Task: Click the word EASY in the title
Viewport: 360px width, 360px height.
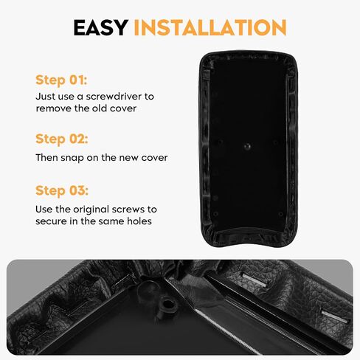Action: coord(101,27)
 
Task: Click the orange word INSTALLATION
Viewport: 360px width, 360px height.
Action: coord(210,27)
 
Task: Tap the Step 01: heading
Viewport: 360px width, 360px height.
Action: coord(61,80)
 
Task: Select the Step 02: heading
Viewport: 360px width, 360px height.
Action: coord(62,139)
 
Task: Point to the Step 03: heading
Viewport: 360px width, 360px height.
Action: coord(62,190)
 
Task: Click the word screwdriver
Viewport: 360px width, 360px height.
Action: coord(114,96)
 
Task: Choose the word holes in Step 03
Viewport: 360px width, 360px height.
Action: coord(139,221)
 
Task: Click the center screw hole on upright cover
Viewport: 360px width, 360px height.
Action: coord(247,146)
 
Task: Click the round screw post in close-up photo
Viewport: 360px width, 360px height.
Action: coord(167,304)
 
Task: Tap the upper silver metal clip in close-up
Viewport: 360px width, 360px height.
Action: coord(255,280)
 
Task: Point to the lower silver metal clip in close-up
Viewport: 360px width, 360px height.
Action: coord(333,316)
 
